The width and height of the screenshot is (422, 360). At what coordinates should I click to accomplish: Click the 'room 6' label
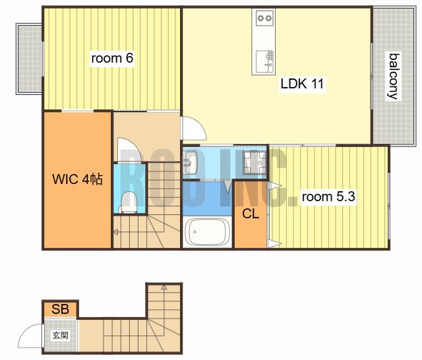pyautogui.click(x=112, y=58)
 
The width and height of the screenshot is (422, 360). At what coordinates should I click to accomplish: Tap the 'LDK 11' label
pyautogui.click(x=302, y=84)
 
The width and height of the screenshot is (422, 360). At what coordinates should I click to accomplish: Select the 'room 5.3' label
pyautogui.click(x=328, y=196)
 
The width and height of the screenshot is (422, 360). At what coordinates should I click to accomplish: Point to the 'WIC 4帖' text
pyautogui.click(x=78, y=179)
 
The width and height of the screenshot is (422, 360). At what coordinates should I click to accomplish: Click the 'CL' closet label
pyautogui.click(x=251, y=214)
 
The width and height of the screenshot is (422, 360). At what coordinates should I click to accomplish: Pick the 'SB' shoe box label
pyautogui.click(x=60, y=309)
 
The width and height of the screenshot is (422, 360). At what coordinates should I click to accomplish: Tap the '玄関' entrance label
pyautogui.click(x=60, y=335)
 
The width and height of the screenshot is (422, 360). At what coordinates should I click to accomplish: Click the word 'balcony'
pyautogui.click(x=394, y=76)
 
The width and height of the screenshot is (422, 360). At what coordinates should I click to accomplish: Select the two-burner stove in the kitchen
pyautogui.click(x=264, y=18)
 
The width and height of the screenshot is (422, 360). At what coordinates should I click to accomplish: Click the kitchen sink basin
pyautogui.click(x=262, y=61)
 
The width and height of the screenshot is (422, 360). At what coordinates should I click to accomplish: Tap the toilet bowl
pyautogui.click(x=129, y=202)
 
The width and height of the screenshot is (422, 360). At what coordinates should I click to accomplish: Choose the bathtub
pyautogui.click(x=207, y=232)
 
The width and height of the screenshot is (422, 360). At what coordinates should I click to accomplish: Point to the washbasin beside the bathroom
pyautogui.click(x=191, y=163)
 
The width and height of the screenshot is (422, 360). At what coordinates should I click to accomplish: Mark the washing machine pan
pyautogui.click(x=255, y=162)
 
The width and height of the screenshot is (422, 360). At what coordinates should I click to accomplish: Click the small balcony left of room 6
pyautogui.click(x=29, y=59)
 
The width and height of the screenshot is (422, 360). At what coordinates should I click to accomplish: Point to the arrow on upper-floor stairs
pyautogui.click(x=116, y=231)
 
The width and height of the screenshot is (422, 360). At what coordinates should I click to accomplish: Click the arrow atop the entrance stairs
pyautogui.click(x=164, y=287)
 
